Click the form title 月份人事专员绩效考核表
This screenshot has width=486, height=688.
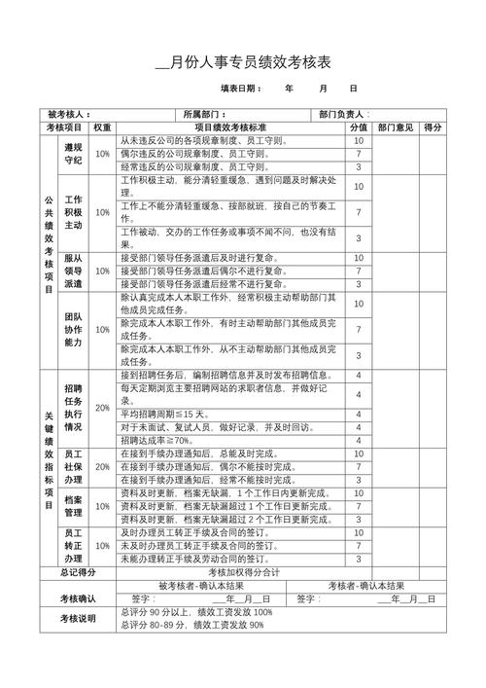pyautogui.click(x=244, y=63)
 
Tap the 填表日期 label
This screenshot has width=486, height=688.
pyautogui.click(x=241, y=89)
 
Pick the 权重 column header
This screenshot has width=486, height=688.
pyautogui.click(x=103, y=127)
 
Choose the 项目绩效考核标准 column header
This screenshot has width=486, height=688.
pyautogui.click(x=229, y=127)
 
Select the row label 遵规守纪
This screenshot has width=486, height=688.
pyautogui.click(x=73, y=154)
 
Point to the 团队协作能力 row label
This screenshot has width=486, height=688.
pyautogui.click(x=73, y=330)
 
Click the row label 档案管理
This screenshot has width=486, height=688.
pyautogui.click(x=73, y=506)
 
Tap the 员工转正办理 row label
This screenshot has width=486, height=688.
pyautogui.click(x=73, y=546)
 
